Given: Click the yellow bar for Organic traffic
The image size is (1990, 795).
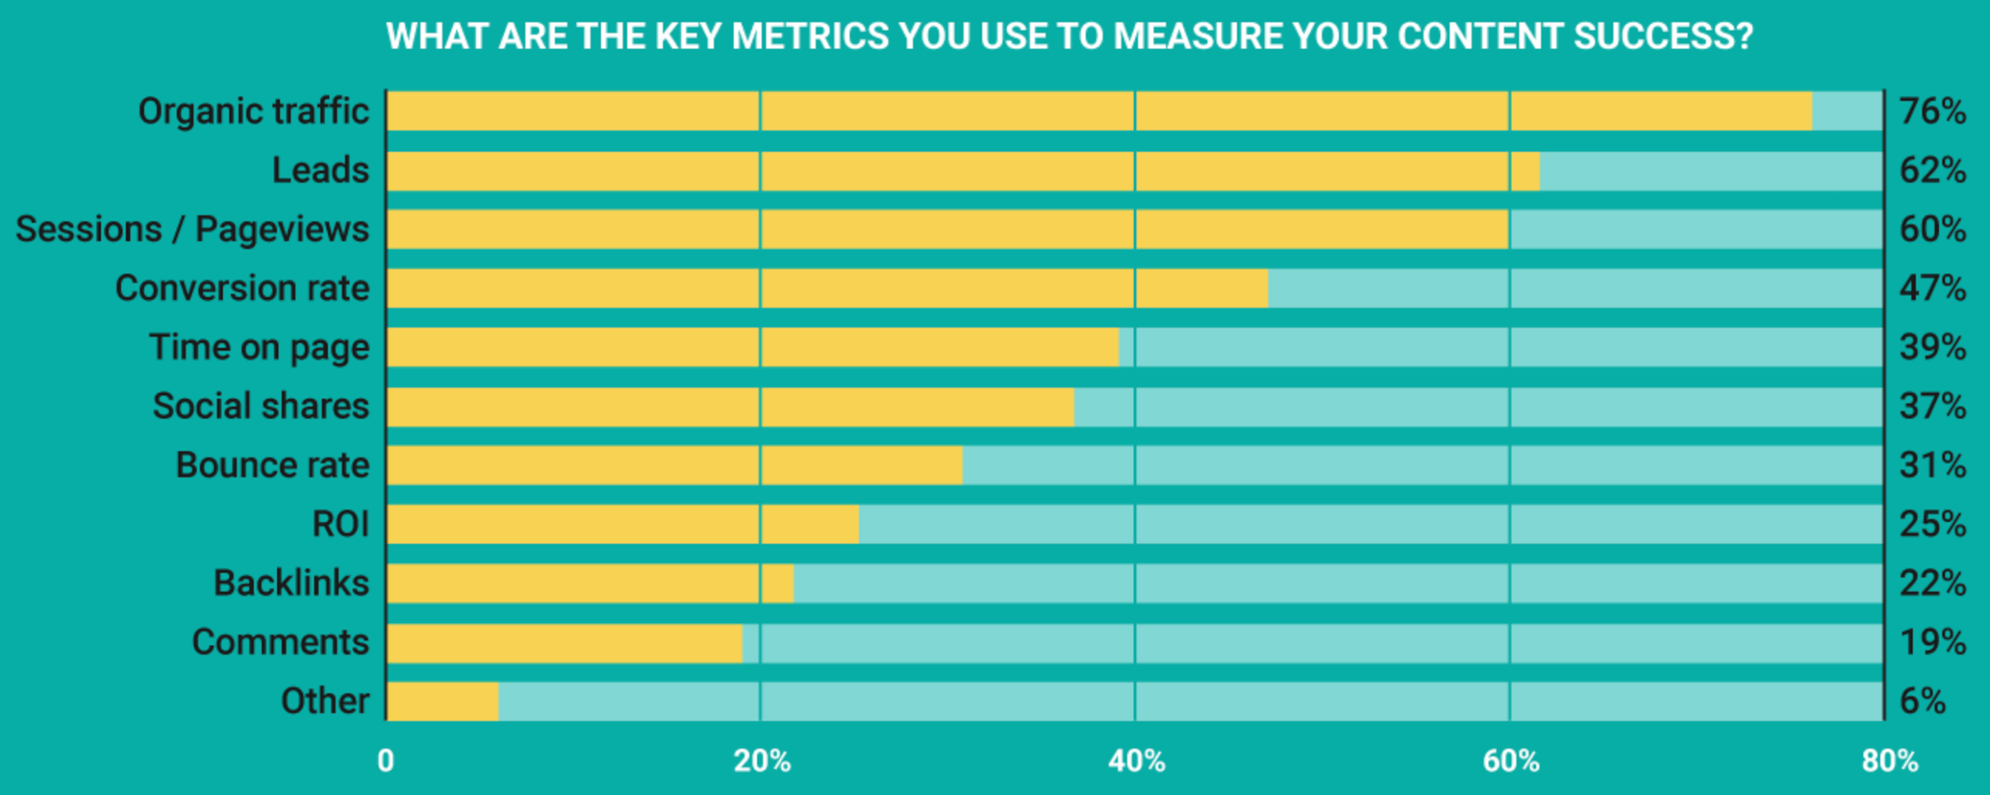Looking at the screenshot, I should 1098,111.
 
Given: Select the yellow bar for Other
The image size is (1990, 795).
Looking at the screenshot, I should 443,701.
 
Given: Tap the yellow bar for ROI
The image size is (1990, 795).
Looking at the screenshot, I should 622,524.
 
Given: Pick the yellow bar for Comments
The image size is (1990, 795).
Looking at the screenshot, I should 564,642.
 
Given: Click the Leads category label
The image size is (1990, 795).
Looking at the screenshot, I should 320,170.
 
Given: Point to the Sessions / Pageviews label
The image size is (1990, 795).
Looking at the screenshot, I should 192,229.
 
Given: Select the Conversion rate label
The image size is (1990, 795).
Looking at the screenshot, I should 242,288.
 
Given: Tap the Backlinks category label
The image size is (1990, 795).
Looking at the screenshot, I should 291,583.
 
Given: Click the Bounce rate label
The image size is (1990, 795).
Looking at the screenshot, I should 272,466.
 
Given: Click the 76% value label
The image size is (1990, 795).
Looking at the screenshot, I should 1932,111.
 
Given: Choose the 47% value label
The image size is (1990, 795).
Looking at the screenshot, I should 1932,288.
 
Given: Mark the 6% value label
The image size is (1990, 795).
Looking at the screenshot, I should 1922,701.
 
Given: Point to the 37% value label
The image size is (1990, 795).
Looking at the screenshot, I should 1932,407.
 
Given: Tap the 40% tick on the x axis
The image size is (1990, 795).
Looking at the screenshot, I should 1136,762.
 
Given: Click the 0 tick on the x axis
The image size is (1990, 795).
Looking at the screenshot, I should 385,762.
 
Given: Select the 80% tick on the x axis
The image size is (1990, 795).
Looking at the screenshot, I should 1889,762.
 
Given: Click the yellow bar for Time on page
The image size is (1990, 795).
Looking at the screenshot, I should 752,347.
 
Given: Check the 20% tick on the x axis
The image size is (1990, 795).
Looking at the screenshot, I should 762,762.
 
